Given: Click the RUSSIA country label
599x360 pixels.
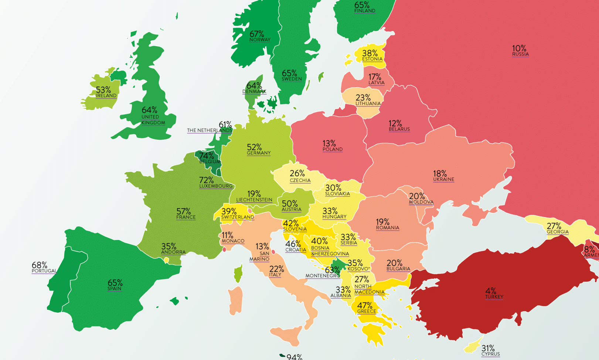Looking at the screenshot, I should (520, 54).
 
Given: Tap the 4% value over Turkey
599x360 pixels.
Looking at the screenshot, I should (490, 291).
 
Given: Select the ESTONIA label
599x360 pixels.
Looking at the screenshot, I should (372, 59).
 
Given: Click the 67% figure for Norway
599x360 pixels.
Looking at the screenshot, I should (256, 34).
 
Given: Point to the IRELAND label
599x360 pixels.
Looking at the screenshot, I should (106, 96).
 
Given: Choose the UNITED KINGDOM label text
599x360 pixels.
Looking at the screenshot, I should (153, 120).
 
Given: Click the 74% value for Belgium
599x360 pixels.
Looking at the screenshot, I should (206, 156).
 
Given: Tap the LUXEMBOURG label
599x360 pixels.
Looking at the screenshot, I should (216, 186).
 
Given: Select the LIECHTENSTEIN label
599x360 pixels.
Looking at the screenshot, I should (254, 200).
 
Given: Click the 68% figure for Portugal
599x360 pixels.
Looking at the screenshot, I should (39, 265).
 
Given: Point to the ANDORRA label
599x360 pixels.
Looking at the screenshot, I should (173, 252).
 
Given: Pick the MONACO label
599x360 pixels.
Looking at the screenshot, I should (233, 241).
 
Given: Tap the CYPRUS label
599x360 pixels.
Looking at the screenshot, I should (490, 354).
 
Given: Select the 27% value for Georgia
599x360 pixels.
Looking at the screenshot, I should (554, 226).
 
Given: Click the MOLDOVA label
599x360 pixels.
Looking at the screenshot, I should (421, 202).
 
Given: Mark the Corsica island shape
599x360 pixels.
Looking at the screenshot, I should (238, 274).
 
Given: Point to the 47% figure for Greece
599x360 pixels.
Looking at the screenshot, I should (364, 305).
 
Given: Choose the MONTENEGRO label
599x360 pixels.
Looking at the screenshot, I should (322, 276).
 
